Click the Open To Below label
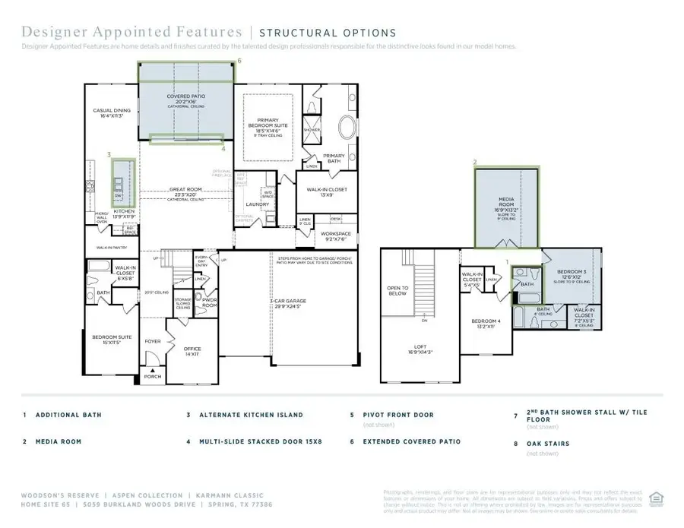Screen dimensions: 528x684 click(398, 291)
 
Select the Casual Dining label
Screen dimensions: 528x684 click(111, 113)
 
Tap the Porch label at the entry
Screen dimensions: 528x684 click(153, 377)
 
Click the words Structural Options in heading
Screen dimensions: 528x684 click(328, 33)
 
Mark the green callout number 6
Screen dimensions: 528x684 click(239, 59)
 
